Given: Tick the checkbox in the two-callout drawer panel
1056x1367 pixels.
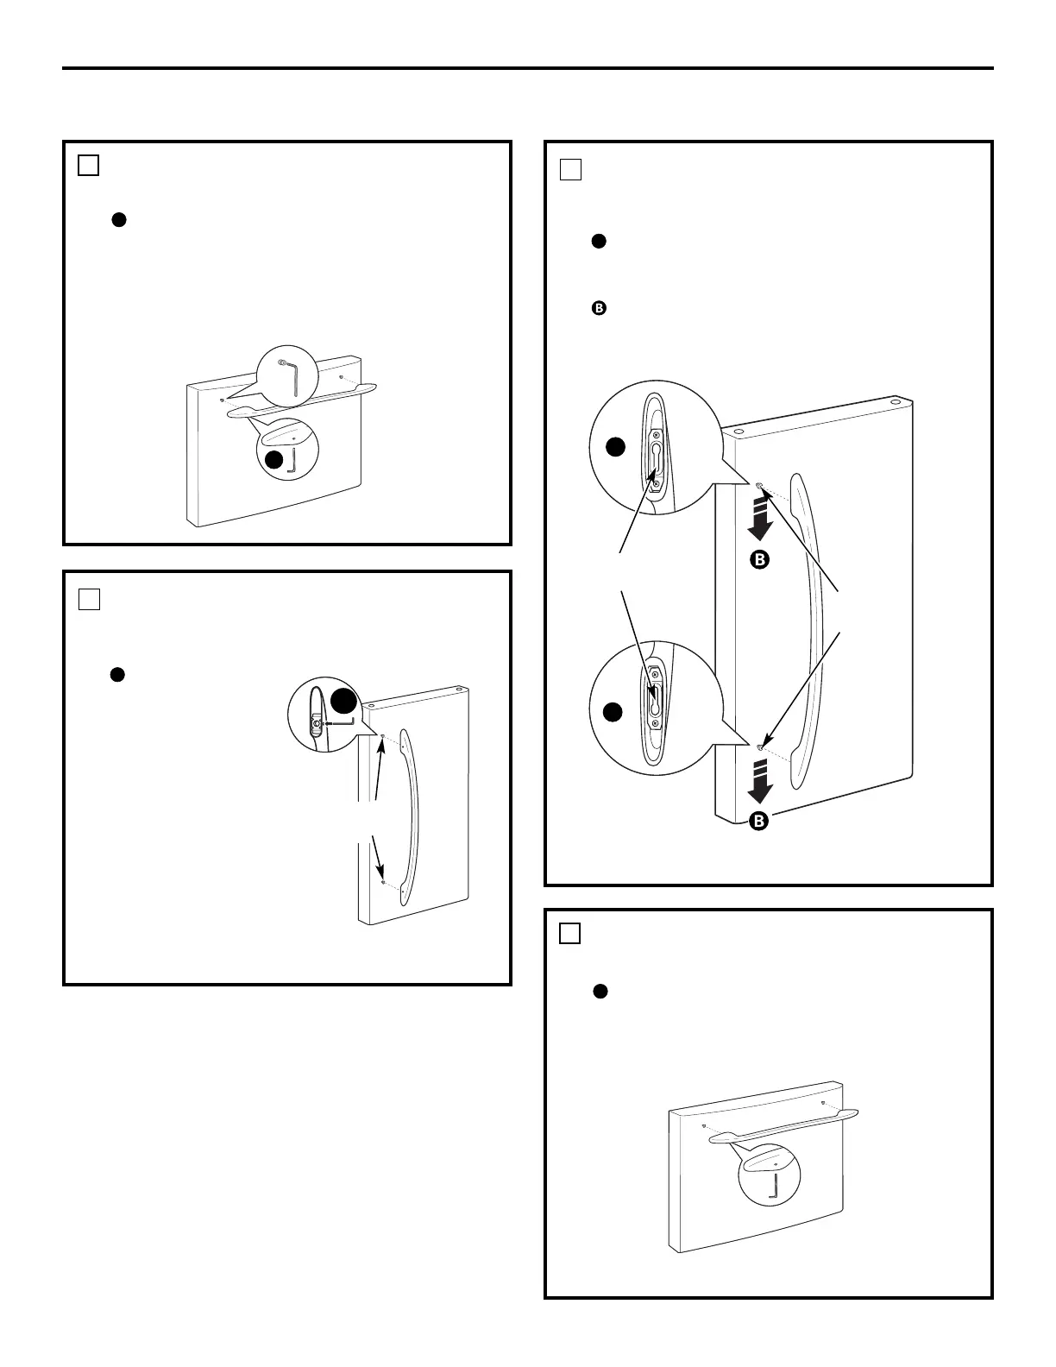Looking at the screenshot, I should (88, 165).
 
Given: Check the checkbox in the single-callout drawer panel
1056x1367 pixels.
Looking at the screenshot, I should (569, 933).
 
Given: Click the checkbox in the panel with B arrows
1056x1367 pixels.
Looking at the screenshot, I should (569, 169).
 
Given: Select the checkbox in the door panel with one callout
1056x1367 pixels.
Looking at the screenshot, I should (88, 599).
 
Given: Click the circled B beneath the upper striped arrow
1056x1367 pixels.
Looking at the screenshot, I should (757, 560).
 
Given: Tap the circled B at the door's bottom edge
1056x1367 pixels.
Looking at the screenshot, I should (757, 821).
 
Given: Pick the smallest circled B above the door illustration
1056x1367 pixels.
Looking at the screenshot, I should (596, 307).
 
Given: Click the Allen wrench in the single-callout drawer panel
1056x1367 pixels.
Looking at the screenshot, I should (774, 1189).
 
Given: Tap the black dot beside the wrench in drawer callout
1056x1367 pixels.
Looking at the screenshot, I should (273, 460).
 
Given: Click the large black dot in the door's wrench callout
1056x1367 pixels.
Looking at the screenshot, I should (343, 701).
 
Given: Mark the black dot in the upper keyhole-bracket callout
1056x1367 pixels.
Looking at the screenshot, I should (614, 447).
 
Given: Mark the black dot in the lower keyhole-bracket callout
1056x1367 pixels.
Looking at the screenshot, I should (613, 712).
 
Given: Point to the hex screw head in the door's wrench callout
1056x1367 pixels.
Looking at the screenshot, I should (317, 723).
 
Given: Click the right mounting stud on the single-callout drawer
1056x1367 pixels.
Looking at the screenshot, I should (822, 1103).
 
